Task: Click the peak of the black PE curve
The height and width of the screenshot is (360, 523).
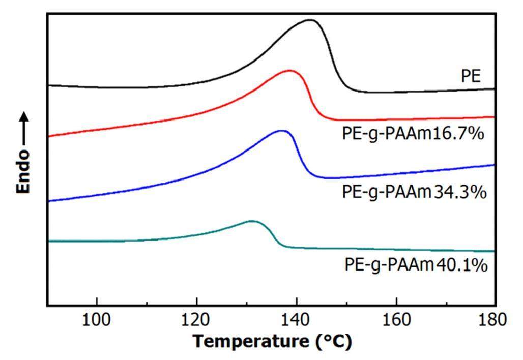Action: pyautogui.click(x=310, y=20)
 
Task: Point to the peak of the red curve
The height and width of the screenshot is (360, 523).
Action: pyautogui.click(x=290, y=71)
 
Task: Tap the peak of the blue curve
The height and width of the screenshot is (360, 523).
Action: pyautogui.click(x=281, y=131)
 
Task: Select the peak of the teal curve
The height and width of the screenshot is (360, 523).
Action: pyautogui.click(x=252, y=221)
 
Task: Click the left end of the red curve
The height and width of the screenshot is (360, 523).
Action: pyautogui.click(x=49, y=136)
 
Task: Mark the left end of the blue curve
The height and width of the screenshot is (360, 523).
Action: pyautogui.click(x=49, y=201)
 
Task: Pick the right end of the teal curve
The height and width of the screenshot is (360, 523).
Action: pyautogui.click(x=494, y=251)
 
